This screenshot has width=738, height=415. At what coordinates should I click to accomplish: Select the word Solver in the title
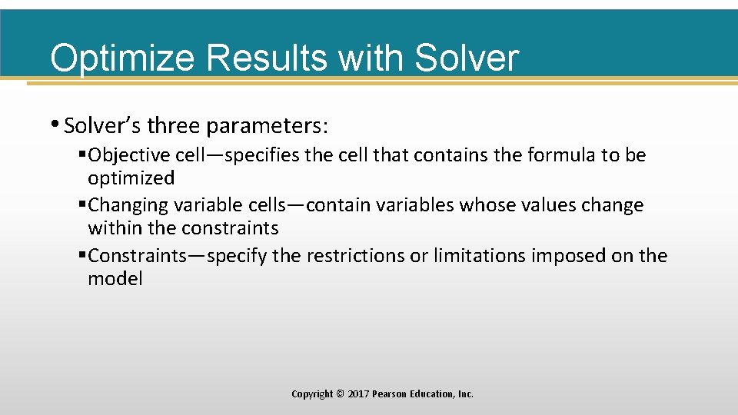466,58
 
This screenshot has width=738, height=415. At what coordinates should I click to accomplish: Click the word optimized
131,178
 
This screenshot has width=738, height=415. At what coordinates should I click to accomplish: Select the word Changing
128,205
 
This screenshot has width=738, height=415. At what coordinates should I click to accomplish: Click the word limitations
480,255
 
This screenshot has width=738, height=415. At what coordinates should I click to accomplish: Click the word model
115,278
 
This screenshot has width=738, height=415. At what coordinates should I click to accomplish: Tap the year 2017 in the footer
357,393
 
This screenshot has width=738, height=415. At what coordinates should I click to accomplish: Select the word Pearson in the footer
390,393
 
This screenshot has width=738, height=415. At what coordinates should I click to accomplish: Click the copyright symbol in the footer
340,393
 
